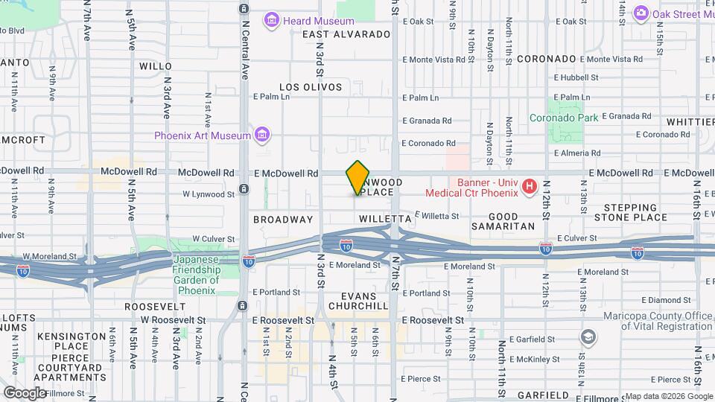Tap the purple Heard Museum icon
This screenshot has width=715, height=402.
coord(273,20)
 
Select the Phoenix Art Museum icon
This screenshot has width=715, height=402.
coord(261,135)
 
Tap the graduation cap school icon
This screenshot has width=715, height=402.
coord(588,339)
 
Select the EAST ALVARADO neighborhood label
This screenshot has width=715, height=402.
coord(346,34)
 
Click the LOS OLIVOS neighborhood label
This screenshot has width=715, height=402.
coord(311,87)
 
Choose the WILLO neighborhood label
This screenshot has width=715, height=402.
coord(156,66)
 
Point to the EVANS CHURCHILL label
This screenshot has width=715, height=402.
coord(355,301)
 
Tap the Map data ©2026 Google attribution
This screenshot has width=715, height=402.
coord(668,396)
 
